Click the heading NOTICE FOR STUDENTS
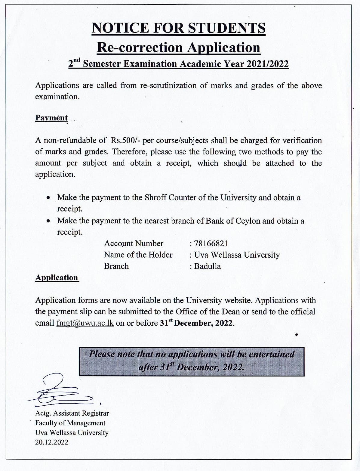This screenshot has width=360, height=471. [179, 28]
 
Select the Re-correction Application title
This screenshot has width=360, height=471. [178, 48]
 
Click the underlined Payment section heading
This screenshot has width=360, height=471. [51, 118]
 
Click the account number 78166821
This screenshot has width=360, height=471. [211, 243]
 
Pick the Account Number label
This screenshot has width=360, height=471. [134, 243]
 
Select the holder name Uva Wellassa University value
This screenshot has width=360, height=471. [237, 255]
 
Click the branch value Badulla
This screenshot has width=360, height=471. [207, 266]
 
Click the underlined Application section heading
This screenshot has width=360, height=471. [57, 277]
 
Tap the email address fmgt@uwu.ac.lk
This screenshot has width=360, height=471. [85, 323]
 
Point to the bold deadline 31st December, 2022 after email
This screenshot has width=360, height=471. [197, 323]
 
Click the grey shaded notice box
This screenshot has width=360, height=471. [192, 361]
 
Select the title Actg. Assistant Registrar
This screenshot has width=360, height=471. [72, 413]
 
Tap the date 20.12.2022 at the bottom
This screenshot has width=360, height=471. [52, 442]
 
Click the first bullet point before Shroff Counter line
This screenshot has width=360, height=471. [48, 198]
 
